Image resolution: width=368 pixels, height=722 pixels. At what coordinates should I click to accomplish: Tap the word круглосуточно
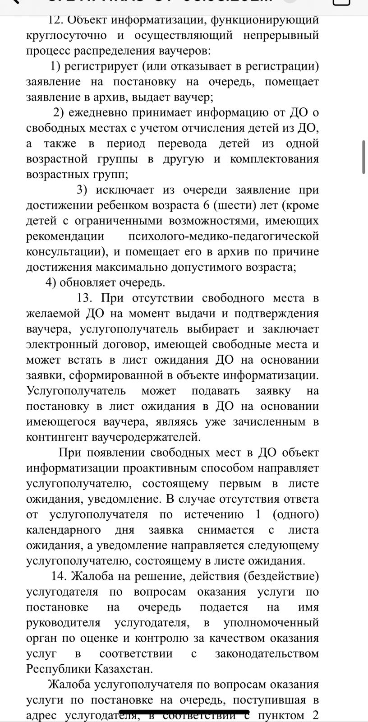(66, 35)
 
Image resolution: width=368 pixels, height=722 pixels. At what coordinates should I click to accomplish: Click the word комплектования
(274, 159)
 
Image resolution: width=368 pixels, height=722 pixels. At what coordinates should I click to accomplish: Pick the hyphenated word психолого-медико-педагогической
(224, 236)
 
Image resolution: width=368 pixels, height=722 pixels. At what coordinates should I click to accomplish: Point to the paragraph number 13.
(85, 298)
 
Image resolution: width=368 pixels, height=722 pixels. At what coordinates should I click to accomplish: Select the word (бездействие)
(281, 576)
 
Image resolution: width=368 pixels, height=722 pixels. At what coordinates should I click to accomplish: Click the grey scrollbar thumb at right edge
(364, 157)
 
